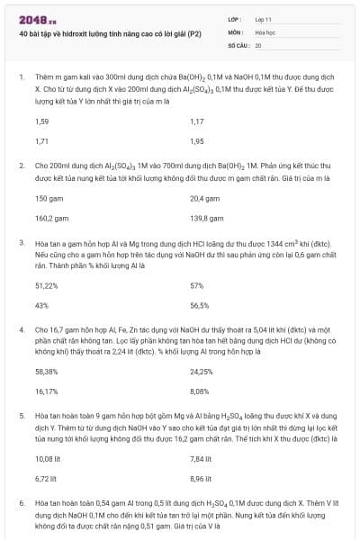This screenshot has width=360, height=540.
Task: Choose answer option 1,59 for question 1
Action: click(x=41, y=121)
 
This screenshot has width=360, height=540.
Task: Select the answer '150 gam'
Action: click(x=49, y=198)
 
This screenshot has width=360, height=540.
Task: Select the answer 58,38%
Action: click(x=46, y=371)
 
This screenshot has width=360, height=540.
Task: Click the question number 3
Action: click(x=22, y=242)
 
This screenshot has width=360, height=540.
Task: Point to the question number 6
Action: click(x=22, y=502)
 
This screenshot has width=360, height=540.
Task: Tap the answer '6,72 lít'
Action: click(x=46, y=479)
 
